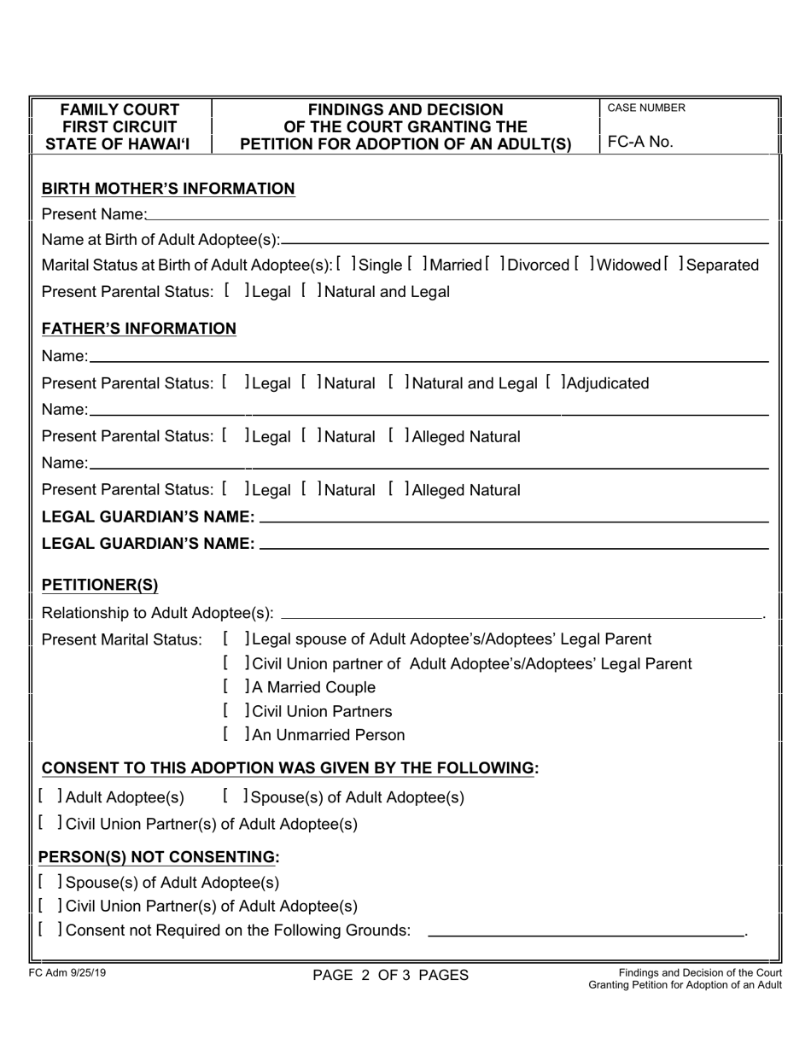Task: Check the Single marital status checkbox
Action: [347, 265]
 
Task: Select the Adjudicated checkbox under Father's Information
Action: [555, 383]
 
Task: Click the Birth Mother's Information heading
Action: [168, 189]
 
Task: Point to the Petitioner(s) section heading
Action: [100, 586]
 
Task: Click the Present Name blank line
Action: [458, 217]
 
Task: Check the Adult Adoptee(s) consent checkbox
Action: [49, 797]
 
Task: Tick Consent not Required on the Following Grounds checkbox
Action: [49, 930]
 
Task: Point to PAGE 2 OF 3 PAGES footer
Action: [390, 975]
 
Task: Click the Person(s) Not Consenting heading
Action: [160, 857]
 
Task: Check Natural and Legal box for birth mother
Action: [311, 292]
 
